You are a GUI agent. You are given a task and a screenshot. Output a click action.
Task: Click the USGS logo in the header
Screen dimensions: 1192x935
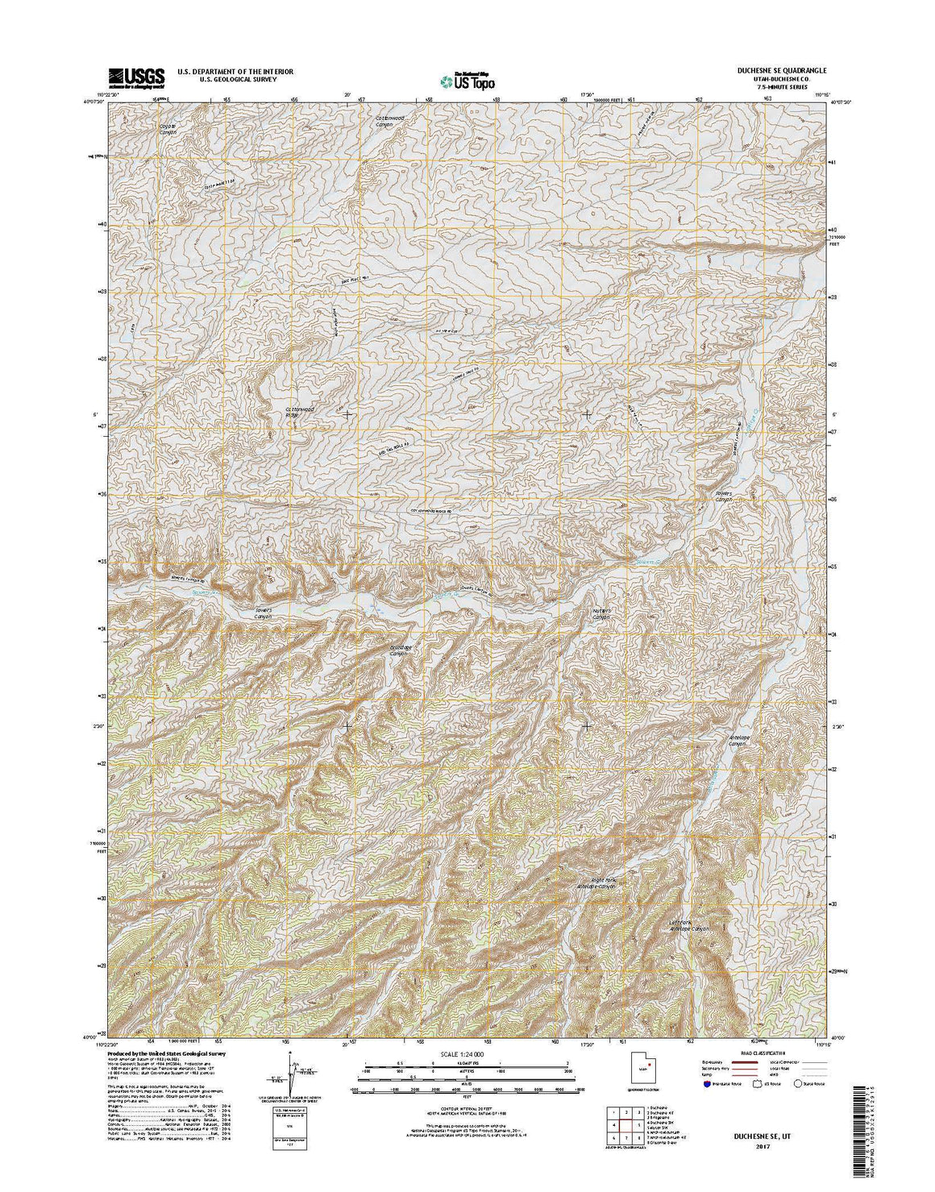(136, 77)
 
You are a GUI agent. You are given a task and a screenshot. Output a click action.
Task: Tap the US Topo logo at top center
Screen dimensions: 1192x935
(468, 81)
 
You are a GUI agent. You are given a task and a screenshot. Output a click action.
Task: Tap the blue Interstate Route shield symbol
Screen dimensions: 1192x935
(706, 1084)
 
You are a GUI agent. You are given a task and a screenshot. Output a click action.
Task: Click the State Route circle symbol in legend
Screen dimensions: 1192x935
(799, 1084)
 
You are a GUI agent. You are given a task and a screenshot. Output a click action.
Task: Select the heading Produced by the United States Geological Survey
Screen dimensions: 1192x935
(167, 1054)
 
